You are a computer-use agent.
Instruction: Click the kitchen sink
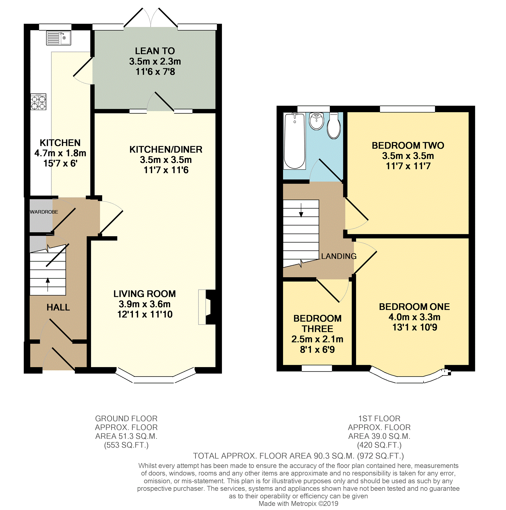58,38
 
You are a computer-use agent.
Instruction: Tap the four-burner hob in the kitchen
38,102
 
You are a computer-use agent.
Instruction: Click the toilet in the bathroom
334,126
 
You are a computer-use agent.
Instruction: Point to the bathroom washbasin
316,121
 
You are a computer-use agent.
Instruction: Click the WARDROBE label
44,212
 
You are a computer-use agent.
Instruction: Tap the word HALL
58,307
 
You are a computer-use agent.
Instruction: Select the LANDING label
339,256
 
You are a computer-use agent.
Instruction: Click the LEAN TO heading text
155,51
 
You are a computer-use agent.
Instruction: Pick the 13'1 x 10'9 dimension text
415,327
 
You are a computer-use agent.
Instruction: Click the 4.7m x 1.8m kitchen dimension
60,153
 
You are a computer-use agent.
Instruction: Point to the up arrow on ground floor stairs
47,284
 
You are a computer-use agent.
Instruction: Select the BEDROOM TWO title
408,145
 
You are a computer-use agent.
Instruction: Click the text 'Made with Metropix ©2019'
298,504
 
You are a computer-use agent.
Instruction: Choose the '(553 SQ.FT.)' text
126,445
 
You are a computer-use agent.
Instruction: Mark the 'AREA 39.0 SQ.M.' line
379,436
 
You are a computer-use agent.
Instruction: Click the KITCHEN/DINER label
166,149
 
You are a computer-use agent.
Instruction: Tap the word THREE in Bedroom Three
317,329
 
